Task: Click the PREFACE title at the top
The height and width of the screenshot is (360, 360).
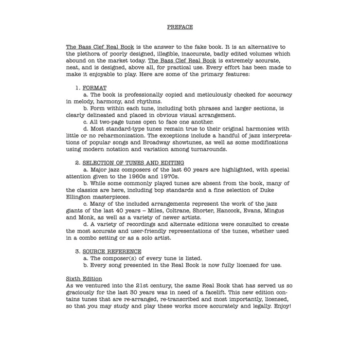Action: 179,27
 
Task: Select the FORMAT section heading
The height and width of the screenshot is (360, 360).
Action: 94,88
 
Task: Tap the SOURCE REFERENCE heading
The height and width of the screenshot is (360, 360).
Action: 112,251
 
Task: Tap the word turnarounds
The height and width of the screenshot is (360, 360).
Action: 209,149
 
